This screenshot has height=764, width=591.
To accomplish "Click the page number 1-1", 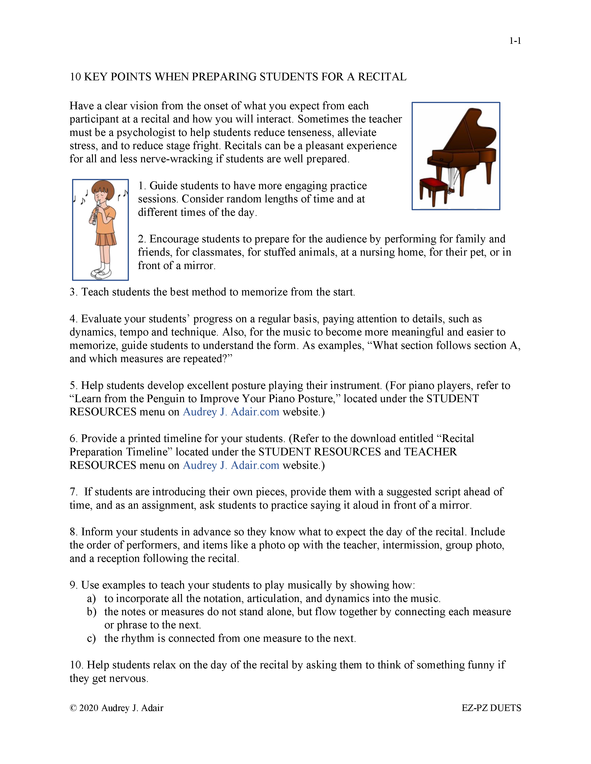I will (x=515, y=41).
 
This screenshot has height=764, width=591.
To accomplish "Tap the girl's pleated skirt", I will (x=106, y=240).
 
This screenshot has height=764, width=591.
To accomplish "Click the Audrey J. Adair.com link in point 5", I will (x=231, y=412).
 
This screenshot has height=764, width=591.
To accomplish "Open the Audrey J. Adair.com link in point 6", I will (x=231, y=465).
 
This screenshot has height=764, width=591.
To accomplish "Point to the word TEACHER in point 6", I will (x=430, y=452).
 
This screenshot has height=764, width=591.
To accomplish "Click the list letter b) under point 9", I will (x=91, y=612).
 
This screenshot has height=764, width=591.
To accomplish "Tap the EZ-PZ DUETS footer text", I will (x=491, y=708).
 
